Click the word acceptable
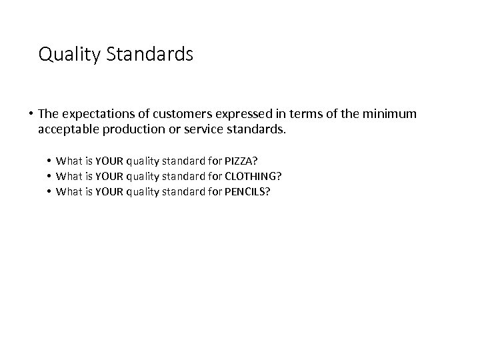pyautogui.click(x=69, y=129)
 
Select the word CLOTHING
pyautogui.click(x=259, y=176)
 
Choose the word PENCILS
pyautogui.click(x=254, y=192)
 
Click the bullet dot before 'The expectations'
pyautogui.click(x=31, y=114)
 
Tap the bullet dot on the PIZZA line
pyautogui.click(x=49, y=160)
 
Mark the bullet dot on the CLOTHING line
pyautogui.click(x=49, y=176)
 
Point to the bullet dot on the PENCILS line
pyautogui.click(x=49, y=192)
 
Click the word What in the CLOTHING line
pyautogui.click(x=69, y=176)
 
